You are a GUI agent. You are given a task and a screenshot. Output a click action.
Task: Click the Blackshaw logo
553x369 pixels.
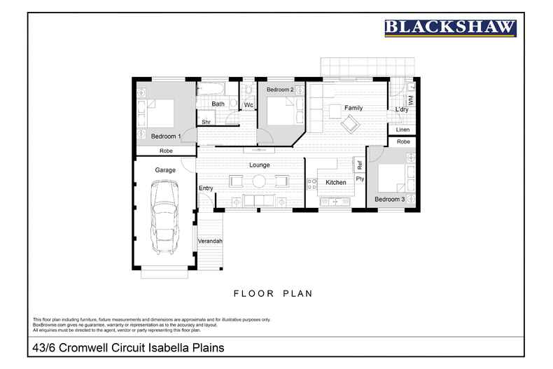[450, 28]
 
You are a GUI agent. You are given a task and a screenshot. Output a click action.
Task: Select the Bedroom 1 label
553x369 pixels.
[166, 136]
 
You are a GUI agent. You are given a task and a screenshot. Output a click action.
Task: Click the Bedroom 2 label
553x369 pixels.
[280, 90]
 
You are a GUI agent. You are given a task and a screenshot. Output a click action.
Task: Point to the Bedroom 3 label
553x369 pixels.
[389, 200]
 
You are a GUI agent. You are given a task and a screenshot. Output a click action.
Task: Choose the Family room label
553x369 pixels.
[353, 108]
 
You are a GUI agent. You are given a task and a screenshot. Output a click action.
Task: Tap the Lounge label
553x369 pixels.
[259, 165]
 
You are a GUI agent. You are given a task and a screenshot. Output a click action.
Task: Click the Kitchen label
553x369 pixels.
[336, 183]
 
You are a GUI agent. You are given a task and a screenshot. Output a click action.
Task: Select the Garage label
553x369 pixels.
[165, 170]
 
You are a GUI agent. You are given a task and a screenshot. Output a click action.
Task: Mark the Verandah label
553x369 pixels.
[211, 241]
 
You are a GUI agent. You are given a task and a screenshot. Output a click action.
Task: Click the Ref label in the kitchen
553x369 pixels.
[360, 166]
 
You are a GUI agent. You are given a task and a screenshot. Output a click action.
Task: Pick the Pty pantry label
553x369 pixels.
[360, 179]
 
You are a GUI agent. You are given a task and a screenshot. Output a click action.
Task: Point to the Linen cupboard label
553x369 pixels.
[402, 130]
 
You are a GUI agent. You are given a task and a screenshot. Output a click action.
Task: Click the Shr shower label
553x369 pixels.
[206, 122]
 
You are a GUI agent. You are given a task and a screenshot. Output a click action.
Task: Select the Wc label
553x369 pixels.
[248, 106]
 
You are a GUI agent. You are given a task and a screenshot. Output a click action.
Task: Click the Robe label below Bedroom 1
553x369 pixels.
[166, 151]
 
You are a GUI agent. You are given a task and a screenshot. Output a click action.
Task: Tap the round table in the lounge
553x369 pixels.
[259, 181]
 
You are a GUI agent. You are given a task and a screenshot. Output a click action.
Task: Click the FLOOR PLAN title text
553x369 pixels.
[272, 293]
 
